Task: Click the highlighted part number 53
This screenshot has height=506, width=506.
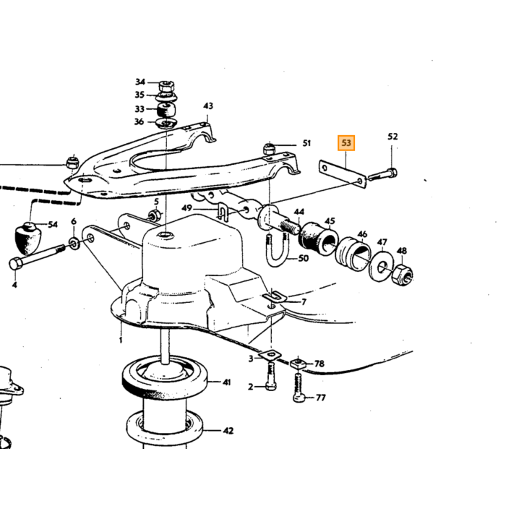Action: click(x=346, y=143)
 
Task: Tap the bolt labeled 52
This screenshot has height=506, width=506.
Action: click(x=382, y=174)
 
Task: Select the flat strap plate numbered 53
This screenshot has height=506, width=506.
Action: click(x=343, y=174)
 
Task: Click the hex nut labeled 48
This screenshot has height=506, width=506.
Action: click(x=402, y=275)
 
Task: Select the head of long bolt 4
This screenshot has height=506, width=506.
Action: click(x=16, y=264)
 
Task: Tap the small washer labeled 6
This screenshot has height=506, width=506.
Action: click(x=74, y=243)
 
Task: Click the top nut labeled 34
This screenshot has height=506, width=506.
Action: click(x=166, y=86)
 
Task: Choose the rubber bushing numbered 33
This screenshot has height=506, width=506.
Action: click(x=166, y=110)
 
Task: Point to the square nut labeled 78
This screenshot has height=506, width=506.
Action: click(x=299, y=364)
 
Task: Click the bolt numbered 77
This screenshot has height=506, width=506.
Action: click(x=299, y=387)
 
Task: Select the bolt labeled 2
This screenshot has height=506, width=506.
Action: click(x=271, y=377)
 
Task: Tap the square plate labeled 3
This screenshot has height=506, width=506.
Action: click(x=270, y=356)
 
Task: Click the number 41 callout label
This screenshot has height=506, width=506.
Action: click(x=227, y=382)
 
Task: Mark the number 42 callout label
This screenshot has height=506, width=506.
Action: click(x=228, y=431)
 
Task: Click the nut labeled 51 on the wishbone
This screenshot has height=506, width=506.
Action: click(x=270, y=149)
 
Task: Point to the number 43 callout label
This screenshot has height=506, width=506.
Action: click(x=208, y=106)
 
